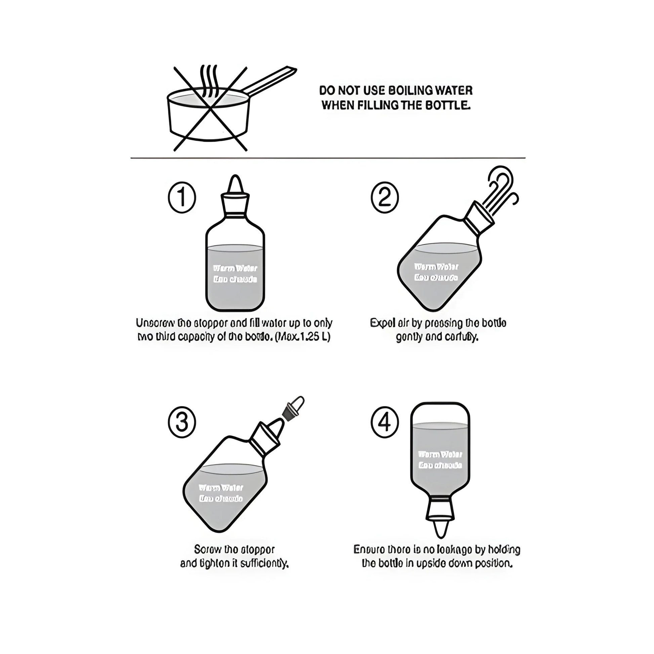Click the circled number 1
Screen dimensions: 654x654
pos(182,198)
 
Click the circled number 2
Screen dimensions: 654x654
pos(384,198)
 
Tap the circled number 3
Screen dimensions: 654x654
pos(182,423)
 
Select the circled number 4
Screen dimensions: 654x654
pos(384,423)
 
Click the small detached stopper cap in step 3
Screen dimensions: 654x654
pos(294,408)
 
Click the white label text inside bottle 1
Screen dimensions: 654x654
pos(235,274)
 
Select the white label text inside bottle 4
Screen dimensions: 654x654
pos(440,460)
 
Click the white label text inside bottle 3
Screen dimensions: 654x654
pos(221,493)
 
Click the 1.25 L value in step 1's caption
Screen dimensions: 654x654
pos(317,337)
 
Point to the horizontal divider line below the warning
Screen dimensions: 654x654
pos(328,158)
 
